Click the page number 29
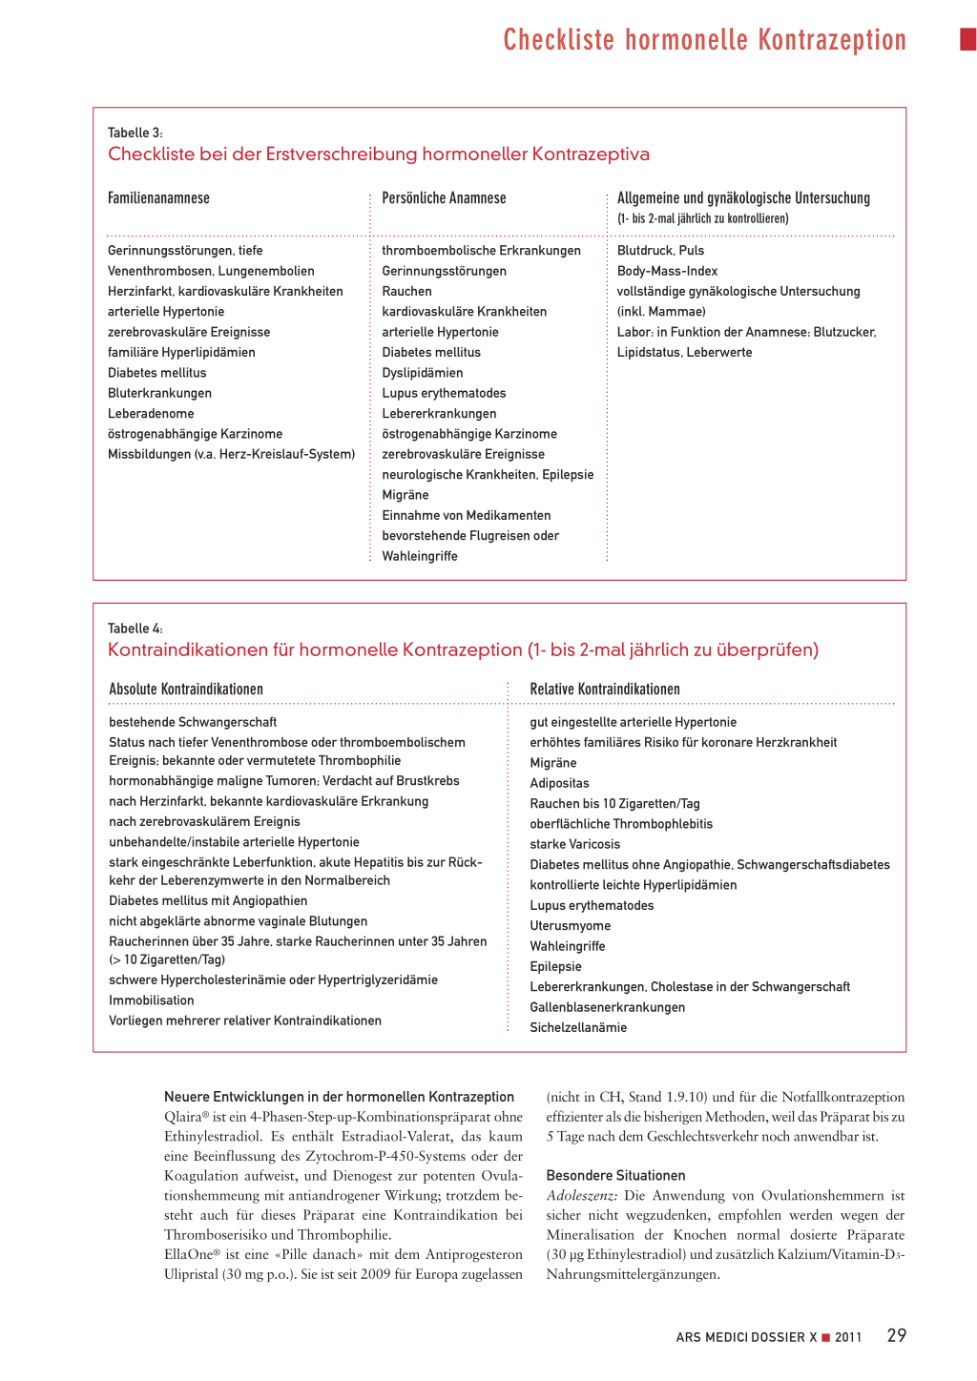click(x=896, y=1335)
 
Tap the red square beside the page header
click(x=967, y=39)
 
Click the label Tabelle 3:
click(x=135, y=133)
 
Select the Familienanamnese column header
click(x=158, y=198)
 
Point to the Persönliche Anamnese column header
click(x=444, y=198)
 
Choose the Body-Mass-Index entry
click(x=667, y=271)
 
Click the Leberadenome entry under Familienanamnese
click(x=151, y=413)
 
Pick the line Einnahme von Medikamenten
click(x=466, y=515)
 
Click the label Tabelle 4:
click(x=135, y=629)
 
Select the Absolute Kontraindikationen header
click(x=186, y=689)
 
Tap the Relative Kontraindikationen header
click(x=605, y=689)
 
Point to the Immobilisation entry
click(x=152, y=1000)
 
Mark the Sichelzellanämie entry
click(x=578, y=1027)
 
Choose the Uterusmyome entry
click(x=571, y=925)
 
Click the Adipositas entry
click(x=559, y=783)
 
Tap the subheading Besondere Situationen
click(x=615, y=1175)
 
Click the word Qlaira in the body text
click(x=182, y=1117)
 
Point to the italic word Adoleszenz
click(x=581, y=1195)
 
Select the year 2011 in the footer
click(x=848, y=1337)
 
